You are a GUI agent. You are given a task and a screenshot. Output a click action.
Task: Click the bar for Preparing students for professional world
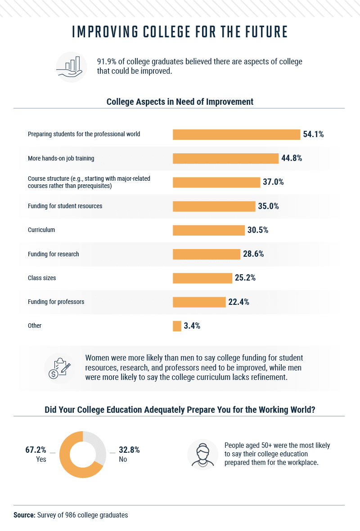pos(236,134)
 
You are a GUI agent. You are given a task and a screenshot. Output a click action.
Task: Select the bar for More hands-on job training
pos(226,158)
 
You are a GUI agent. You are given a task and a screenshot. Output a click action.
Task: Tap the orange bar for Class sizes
pos(202,278)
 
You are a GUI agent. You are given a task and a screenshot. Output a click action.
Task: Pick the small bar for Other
pos(177,326)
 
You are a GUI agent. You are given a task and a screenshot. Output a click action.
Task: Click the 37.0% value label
pos(274,182)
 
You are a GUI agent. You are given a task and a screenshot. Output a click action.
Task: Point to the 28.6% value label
pos(253,254)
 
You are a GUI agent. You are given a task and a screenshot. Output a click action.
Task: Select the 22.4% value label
pos(238,302)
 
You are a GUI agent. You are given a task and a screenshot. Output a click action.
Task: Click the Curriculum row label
pos(41,230)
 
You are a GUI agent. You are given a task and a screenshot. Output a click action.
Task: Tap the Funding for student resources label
pos(65,206)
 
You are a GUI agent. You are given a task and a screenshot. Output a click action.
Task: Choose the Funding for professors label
pos(56,302)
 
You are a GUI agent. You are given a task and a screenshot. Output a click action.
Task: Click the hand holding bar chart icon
pos(72,67)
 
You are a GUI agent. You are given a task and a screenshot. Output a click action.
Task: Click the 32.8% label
pos(129,450)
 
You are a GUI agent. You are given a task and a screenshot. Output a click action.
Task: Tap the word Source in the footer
pos(24,515)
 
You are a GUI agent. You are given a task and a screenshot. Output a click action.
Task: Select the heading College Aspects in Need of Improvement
pos(180,102)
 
